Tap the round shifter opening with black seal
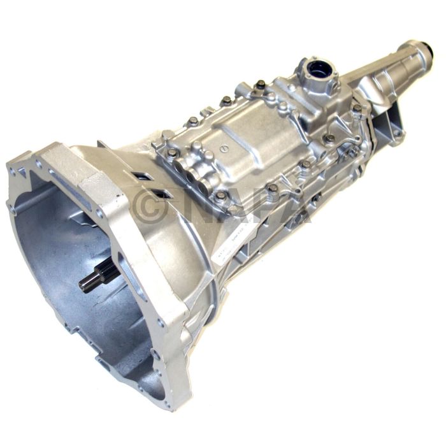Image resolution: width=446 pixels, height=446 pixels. pos(315,69)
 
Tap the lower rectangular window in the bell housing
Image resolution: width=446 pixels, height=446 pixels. pos(163,193)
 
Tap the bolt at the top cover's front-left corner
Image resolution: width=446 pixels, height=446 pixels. pos(173,153)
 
